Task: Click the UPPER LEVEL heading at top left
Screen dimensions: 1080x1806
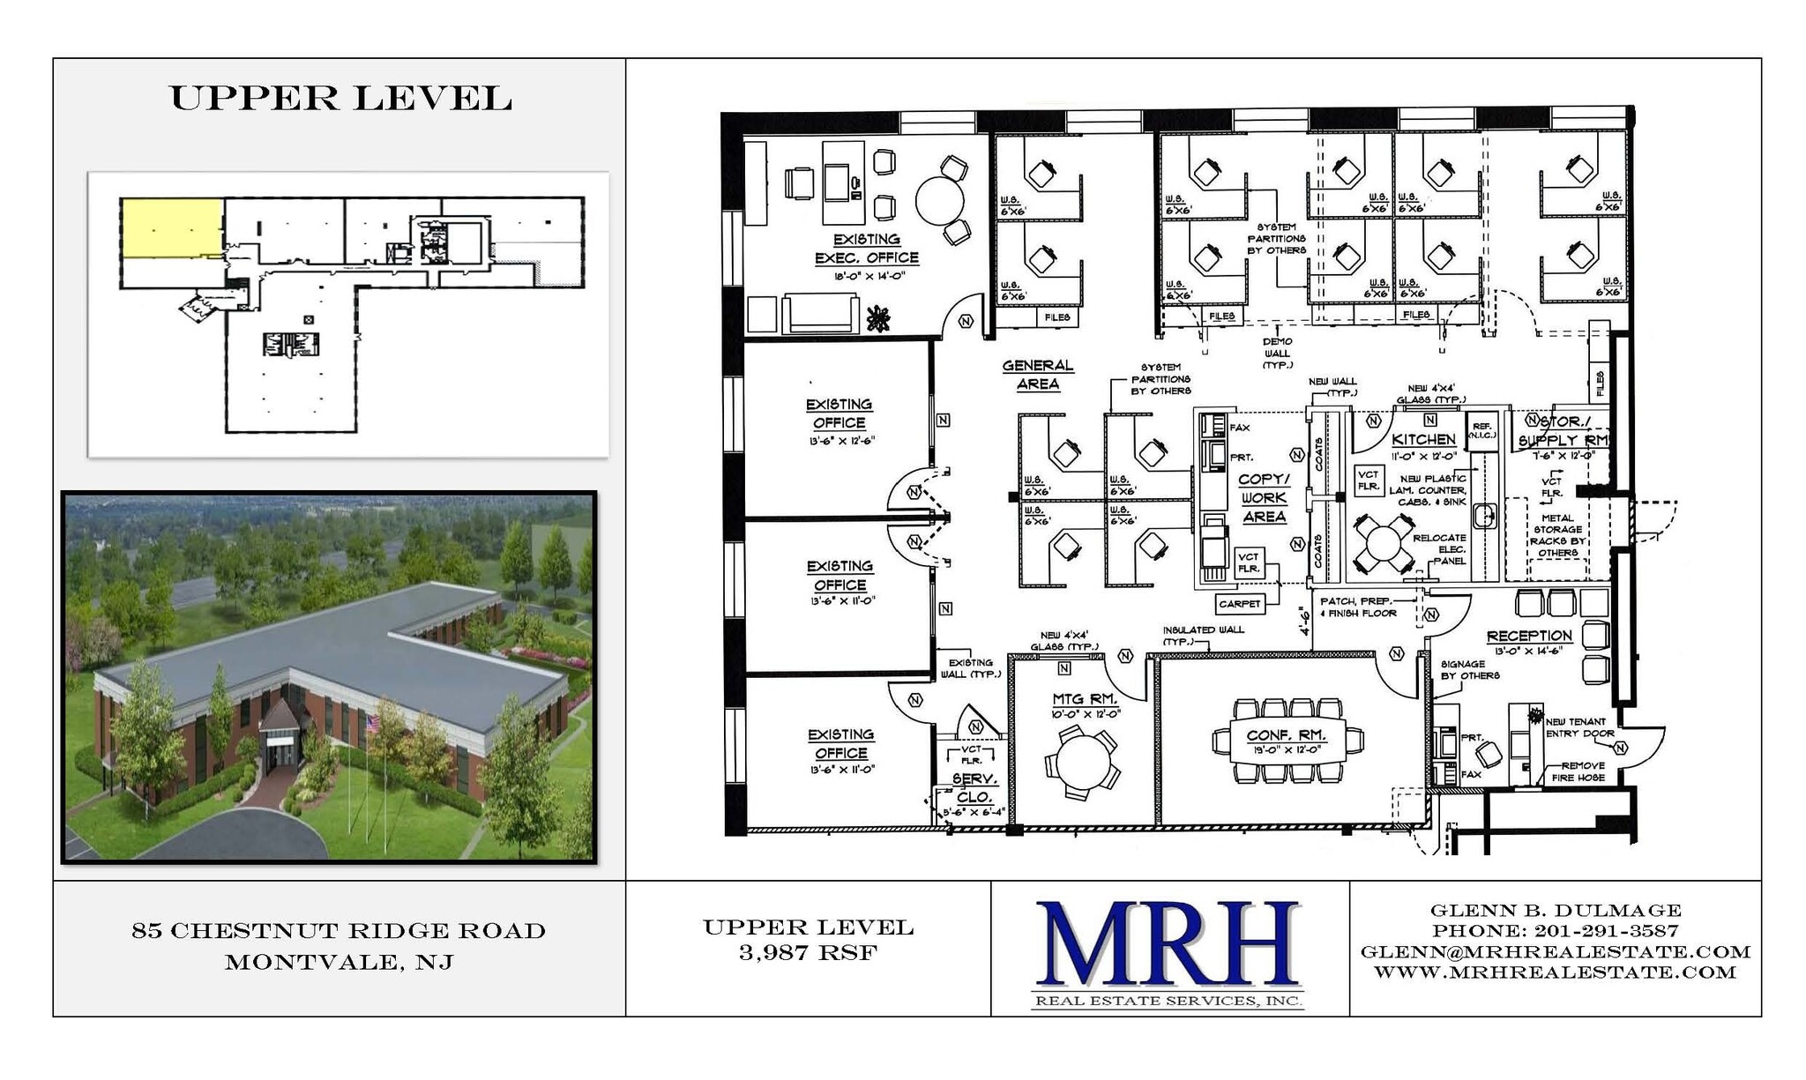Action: pos(340,98)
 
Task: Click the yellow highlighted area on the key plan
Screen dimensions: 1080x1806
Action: pos(171,227)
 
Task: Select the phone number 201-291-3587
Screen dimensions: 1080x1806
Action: pos(1606,931)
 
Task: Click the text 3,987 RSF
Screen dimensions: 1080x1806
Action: pos(808,952)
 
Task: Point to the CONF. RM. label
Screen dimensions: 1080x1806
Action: pos(1285,735)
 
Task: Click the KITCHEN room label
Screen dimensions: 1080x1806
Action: pos(1422,439)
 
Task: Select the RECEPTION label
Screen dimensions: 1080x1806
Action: pos(1529,636)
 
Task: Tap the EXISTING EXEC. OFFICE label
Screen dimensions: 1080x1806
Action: pos(867,249)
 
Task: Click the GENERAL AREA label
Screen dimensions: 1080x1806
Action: pos(1038,375)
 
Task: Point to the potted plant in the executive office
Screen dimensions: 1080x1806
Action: pos(877,319)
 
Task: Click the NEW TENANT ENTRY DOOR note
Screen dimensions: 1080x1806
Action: pos(1579,727)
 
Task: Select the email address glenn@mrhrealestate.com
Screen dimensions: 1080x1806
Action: pos(1556,952)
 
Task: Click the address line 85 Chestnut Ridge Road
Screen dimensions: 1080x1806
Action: pos(339,931)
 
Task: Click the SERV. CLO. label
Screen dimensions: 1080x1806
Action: pos(974,787)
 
